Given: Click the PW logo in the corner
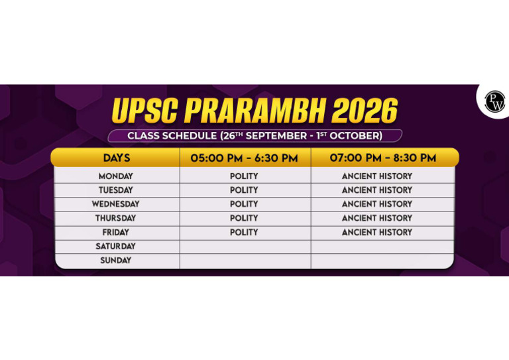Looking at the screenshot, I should (494, 101).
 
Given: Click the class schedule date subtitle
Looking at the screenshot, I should (254, 136).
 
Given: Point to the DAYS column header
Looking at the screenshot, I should (117, 158).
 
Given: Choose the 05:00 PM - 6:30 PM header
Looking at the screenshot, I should (244, 158).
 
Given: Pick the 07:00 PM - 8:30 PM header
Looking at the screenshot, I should (383, 158).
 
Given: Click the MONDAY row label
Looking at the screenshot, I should (116, 176).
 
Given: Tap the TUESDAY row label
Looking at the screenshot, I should (116, 190).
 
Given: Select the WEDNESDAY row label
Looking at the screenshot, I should (116, 204).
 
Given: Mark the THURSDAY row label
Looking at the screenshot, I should (116, 218).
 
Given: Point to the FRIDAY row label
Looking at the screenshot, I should (116, 233).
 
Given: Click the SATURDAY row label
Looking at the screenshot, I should (116, 247).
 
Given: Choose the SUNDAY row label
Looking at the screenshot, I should (116, 261).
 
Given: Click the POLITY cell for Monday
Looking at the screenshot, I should (244, 176).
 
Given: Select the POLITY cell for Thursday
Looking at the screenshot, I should (244, 218).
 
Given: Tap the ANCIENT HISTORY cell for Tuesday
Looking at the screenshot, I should (377, 190).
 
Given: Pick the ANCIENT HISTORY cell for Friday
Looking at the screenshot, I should (377, 233).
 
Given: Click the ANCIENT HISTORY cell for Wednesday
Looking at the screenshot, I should (377, 204).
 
